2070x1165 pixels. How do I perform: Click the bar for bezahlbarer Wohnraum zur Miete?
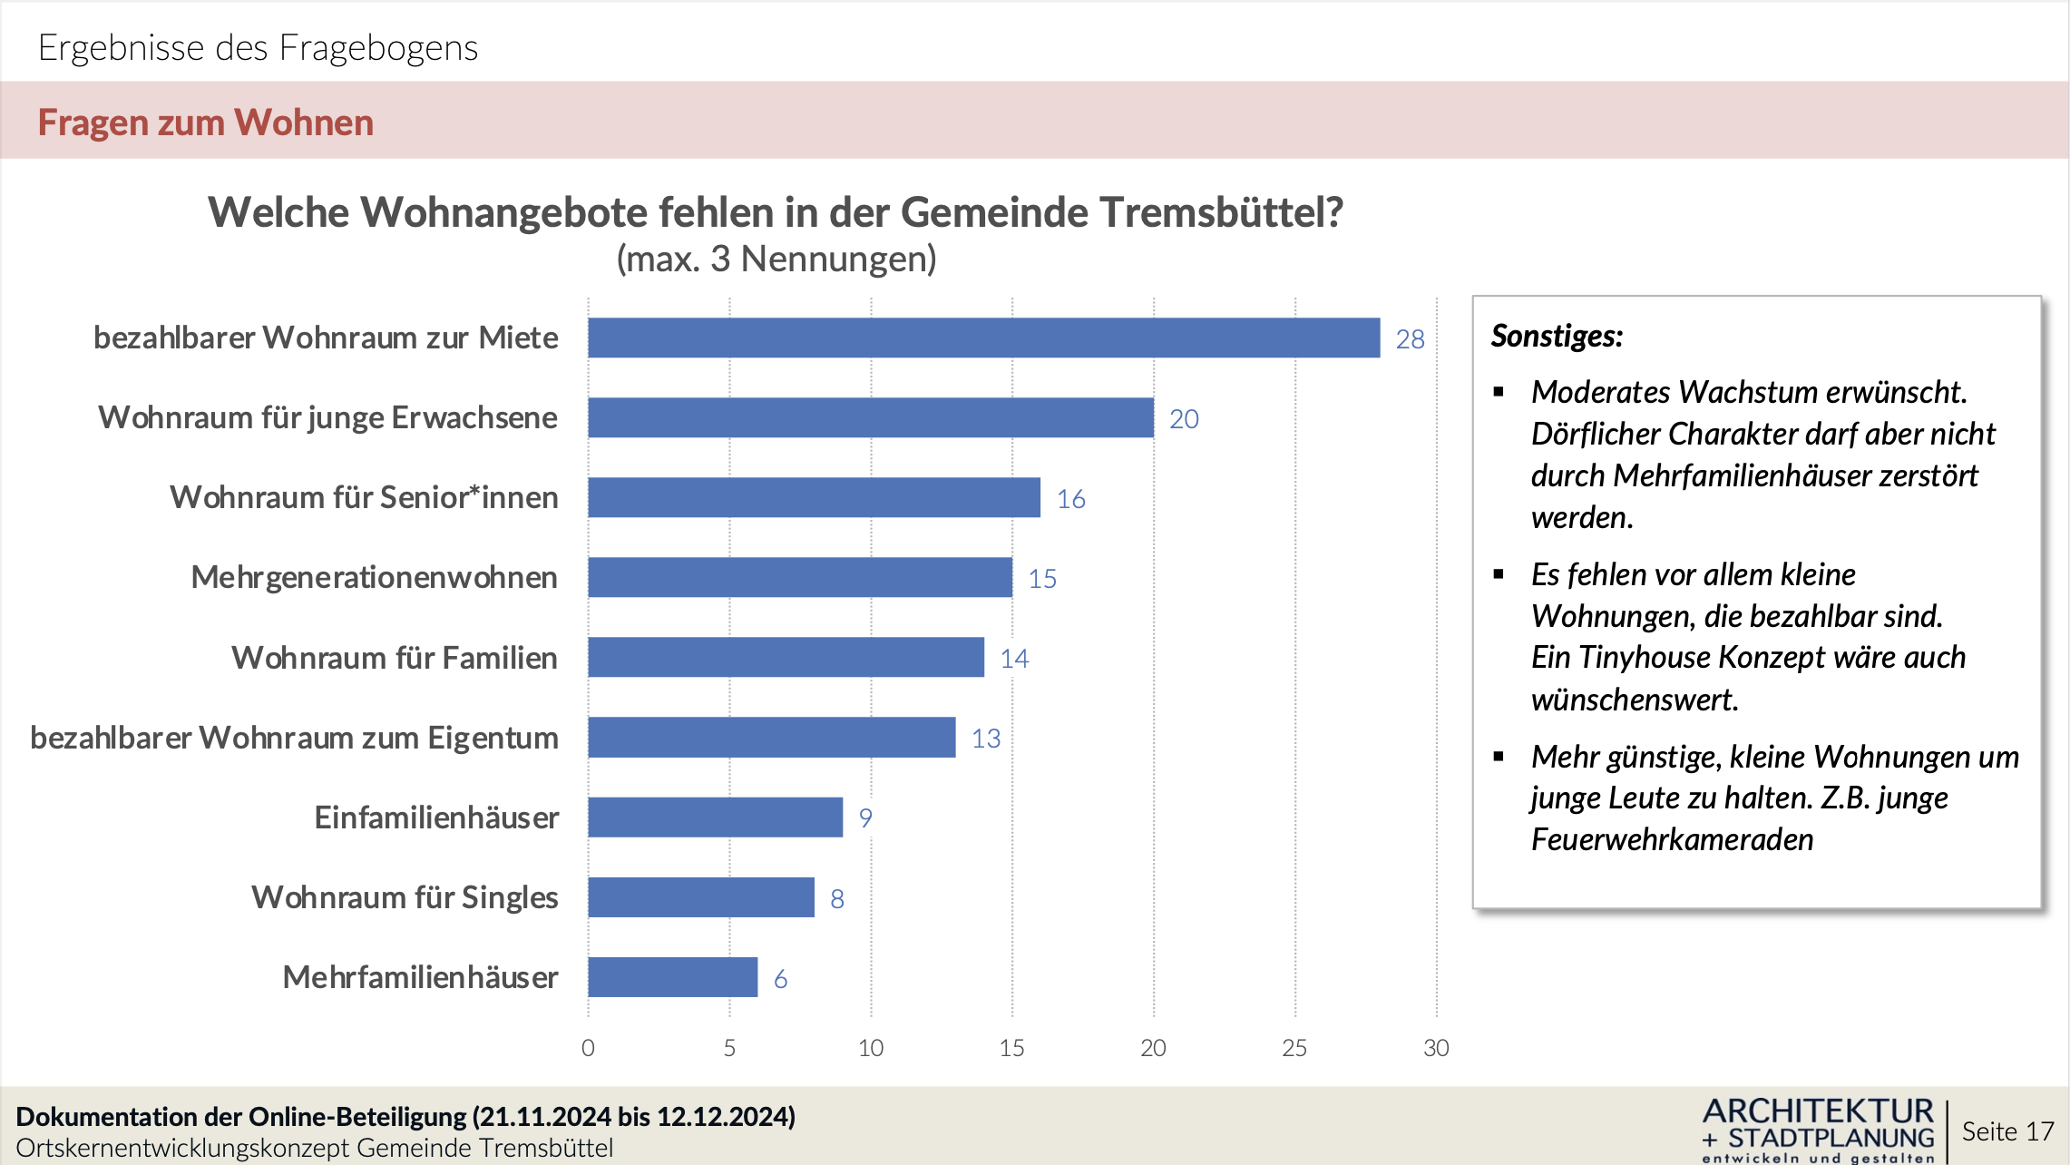(x=983, y=338)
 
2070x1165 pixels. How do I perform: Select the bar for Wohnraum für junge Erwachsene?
(x=871, y=417)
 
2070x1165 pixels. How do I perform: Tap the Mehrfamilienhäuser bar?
(x=672, y=977)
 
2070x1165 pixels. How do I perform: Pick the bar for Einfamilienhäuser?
(x=715, y=817)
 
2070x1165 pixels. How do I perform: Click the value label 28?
(x=1410, y=339)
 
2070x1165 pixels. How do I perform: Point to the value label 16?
(x=1070, y=499)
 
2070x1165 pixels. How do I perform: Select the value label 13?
(x=985, y=739)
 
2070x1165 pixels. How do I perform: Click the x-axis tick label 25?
(x=1294, y=1048)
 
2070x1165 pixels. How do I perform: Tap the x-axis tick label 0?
(x=588, y=1048)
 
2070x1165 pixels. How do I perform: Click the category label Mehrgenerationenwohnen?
(x=374, y=577)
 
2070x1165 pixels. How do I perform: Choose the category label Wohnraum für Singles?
(x=405, y=897)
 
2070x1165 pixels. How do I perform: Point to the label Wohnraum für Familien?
(x=395, y=658)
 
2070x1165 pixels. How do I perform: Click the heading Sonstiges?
(x=1557, y=336)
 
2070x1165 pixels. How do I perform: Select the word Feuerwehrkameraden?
(x=1672, y=839)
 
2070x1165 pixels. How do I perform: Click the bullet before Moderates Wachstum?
(x=1499, y=392)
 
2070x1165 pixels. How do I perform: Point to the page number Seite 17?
(x=2007, y=1131)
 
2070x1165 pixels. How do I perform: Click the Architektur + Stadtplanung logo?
(x=1818, y=1131)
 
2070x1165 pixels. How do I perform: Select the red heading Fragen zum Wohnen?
(x=206, y=122)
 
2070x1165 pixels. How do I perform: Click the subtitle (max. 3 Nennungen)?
(x=776, y=259)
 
